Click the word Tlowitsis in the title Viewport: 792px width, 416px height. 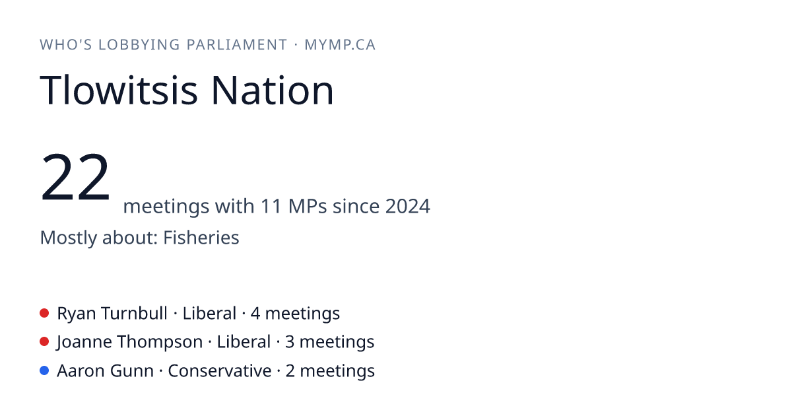pos(118,90)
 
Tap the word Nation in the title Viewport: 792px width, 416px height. pos(272,90)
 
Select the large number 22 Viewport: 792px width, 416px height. pos(75,176)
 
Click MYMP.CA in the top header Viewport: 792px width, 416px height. pos(340,45)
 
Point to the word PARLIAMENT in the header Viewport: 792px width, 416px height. pos(237,45)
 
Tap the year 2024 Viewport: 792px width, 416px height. pos(408,206)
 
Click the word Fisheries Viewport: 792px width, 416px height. pos(201,237)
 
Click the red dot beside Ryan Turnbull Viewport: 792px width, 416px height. pos(44,313)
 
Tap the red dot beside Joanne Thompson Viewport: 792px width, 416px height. pos(44,342)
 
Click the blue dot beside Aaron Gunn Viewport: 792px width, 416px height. pos(44,370)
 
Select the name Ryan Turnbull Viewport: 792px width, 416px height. pos(112,313)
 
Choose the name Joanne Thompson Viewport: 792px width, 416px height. pos(129,342)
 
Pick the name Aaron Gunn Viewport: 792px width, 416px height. pos(106,370)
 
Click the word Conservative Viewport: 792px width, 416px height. pos(220,370)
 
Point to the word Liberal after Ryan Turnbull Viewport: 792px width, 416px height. pos(209,313)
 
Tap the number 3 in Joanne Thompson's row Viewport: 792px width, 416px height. pos(290,342)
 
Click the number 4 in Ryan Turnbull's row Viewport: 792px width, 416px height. pos(255,313)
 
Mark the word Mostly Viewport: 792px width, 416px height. pos(68,238)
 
